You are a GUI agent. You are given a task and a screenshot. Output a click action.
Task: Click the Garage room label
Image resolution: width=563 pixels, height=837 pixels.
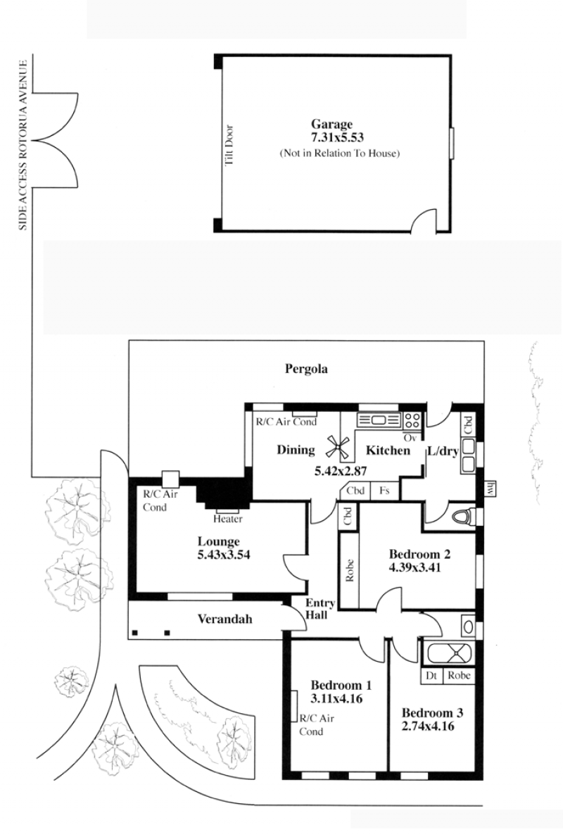point(331,125)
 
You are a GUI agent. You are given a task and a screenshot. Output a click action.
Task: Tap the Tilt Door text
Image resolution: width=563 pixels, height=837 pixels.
point(230,145)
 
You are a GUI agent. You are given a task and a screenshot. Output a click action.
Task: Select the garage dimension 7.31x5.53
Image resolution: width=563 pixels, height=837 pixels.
point(337,138)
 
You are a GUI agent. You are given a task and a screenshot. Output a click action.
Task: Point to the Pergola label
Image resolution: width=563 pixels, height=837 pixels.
point(306,369)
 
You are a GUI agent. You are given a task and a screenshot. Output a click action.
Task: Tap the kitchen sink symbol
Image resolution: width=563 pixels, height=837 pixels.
point(379,420)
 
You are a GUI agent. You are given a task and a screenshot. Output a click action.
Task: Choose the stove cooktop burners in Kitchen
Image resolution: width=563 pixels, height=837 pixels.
point(412,420)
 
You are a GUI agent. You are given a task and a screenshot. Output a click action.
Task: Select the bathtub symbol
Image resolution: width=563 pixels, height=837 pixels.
point(448,652)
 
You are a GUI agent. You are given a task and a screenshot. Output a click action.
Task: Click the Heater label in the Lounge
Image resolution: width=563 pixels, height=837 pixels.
point(228,519)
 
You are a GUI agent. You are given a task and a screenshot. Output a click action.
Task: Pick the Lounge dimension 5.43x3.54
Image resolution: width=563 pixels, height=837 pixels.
point(224,555)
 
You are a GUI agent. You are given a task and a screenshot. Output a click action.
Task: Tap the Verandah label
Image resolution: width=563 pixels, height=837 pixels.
point(224,619)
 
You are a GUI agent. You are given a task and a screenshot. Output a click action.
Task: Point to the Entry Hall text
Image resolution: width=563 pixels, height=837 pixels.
point(320,608)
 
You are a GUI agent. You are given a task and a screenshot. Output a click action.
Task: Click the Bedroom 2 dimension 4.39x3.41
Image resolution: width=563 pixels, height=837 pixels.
point(415,567)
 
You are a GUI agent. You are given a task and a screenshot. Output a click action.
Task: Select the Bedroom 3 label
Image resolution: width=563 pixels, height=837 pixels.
point(432,713)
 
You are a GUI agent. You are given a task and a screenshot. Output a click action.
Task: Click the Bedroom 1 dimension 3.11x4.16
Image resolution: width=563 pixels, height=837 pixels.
point(336,698)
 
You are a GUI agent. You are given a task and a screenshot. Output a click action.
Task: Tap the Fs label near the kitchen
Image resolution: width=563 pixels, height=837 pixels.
point(384,491)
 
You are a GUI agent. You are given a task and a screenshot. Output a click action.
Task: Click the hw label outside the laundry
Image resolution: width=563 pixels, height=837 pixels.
point(490,487)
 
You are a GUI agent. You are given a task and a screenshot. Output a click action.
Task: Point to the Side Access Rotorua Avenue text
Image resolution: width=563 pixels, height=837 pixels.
point(23,145)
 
